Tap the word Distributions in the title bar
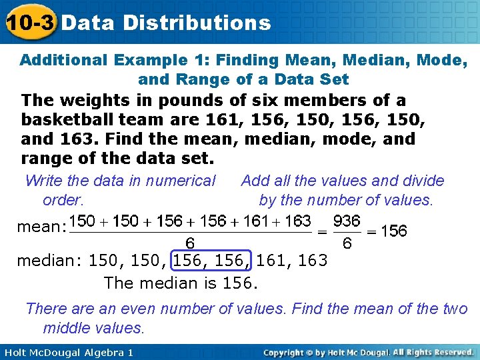pos(197,23)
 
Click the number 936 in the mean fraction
pos(347,221)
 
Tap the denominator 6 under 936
pos(347,244)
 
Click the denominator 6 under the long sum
pos(189,244)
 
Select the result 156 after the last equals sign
pos(394,231)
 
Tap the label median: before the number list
pos(45,260)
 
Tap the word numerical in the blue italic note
pos(181,181)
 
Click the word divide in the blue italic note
pos(423,181)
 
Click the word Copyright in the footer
pos(287,352)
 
